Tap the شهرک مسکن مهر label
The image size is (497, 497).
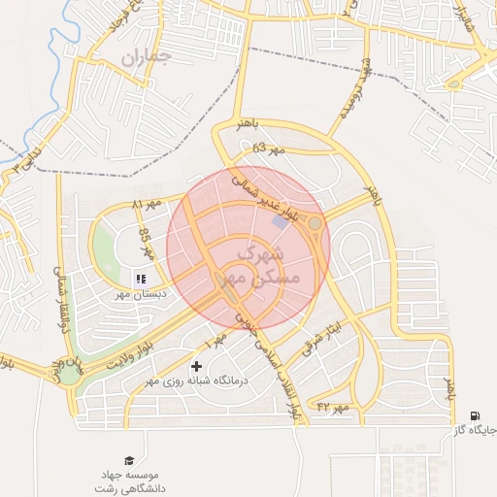tap(261, 265)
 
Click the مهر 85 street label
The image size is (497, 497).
tap(147, 243)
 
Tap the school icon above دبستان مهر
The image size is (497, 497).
tap(141, 279)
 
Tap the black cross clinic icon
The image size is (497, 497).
tap(198, 366)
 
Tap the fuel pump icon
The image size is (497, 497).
tap(474, 415)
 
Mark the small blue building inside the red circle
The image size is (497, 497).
tap(281, 223)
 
